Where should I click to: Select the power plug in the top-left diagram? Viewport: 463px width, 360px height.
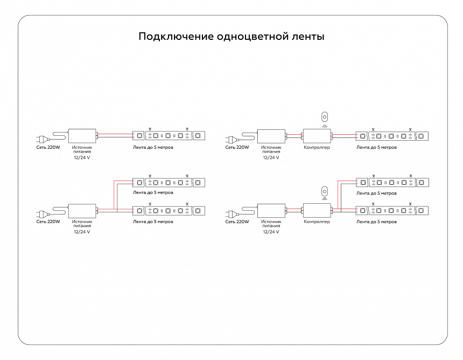click(41, 139)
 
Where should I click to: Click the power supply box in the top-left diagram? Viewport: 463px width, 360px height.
click(82, 136)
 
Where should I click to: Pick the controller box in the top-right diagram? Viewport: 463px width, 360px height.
click(317, 136)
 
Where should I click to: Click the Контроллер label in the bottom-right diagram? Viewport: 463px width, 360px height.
click(317, 221)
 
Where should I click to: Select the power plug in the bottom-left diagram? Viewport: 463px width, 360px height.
click(41, 213)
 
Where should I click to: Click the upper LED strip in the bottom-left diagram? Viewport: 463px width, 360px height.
click(169, 182)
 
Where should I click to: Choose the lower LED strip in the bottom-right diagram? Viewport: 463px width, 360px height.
click(392, 210)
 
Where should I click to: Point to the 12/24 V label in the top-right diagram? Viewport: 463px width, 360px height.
click(271, 157)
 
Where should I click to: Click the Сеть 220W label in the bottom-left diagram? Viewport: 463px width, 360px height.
click(48, 221)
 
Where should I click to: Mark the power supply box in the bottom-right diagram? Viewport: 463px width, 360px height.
click(271, 210)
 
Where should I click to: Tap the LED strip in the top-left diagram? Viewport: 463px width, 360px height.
click(169, 135)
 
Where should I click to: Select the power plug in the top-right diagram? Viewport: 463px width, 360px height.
click(230, 139)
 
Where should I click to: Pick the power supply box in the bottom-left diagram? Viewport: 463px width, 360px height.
click(82, 210)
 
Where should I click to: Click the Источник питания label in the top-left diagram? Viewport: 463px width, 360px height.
click(82, 149)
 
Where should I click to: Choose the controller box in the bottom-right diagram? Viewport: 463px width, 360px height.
click(317, 210)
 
